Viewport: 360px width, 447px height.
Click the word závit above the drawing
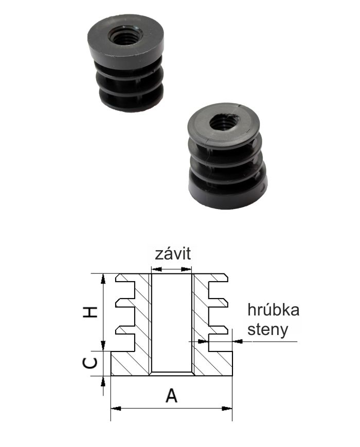(x=173, y=254)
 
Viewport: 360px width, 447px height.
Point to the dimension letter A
(x=171, y=395)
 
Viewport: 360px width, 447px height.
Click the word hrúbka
(x=273, y=310)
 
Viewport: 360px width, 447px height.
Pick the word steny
(x=267, y=330)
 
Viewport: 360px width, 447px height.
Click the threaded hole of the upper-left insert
(x=125, y=34)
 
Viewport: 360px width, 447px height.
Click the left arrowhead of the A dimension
(x=116, y=408)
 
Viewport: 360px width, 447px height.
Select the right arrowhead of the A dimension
(x=227, y=408)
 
